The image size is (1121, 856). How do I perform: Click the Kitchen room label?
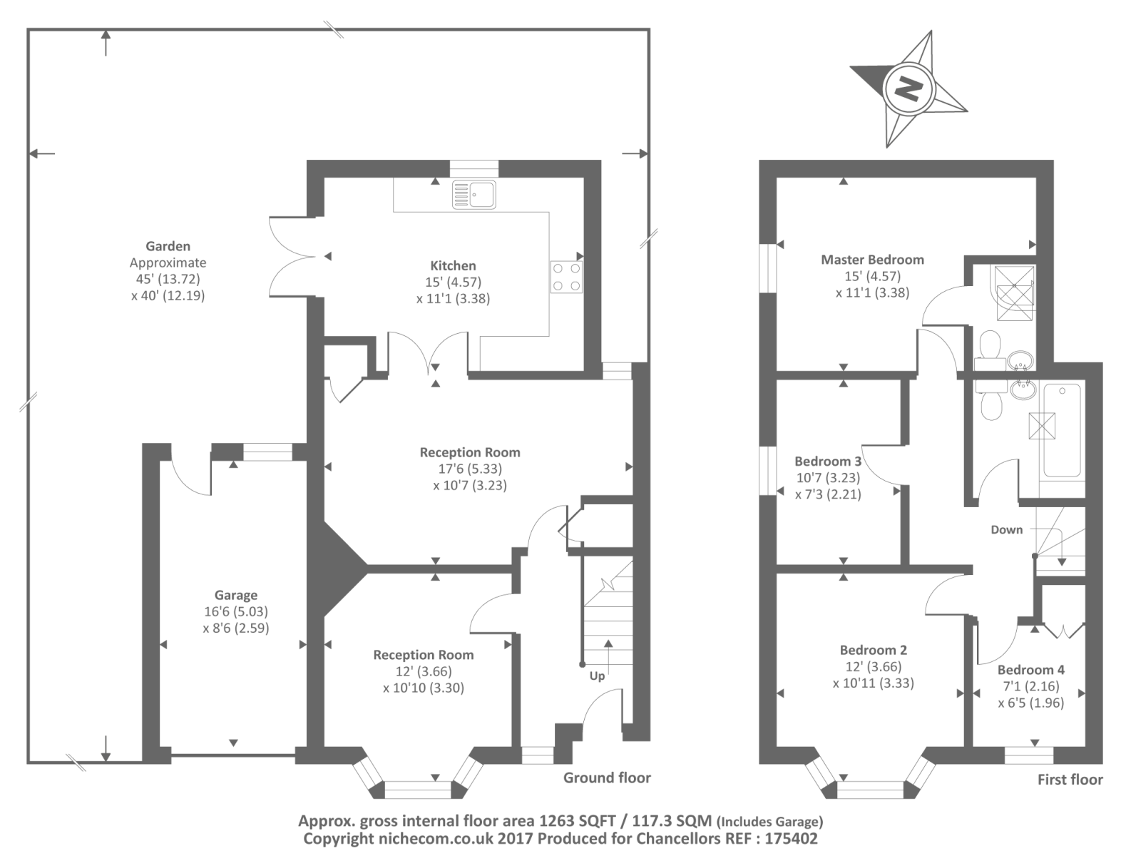point(453,265)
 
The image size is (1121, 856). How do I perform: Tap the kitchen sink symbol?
point(474,194)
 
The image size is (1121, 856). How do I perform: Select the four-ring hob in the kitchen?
point(566,277)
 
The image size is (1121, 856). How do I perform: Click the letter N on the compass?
point(908,88)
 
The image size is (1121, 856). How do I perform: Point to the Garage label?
point(236,595)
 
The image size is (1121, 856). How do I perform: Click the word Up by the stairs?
point(597,676)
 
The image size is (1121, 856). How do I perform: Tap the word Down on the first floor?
point(1006,529)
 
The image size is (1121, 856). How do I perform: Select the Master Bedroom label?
point(872,260)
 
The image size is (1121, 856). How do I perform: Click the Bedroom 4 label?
point(1030,670)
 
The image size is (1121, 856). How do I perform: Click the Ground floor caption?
point(607,778)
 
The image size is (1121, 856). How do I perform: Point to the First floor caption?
point(1070,780)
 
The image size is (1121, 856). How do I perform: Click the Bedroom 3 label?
point(828,461)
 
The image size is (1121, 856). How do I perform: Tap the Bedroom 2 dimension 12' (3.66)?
point(873,666)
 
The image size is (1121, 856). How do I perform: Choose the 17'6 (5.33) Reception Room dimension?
point(469,469)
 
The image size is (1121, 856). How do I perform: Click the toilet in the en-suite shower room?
point(989,346)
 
